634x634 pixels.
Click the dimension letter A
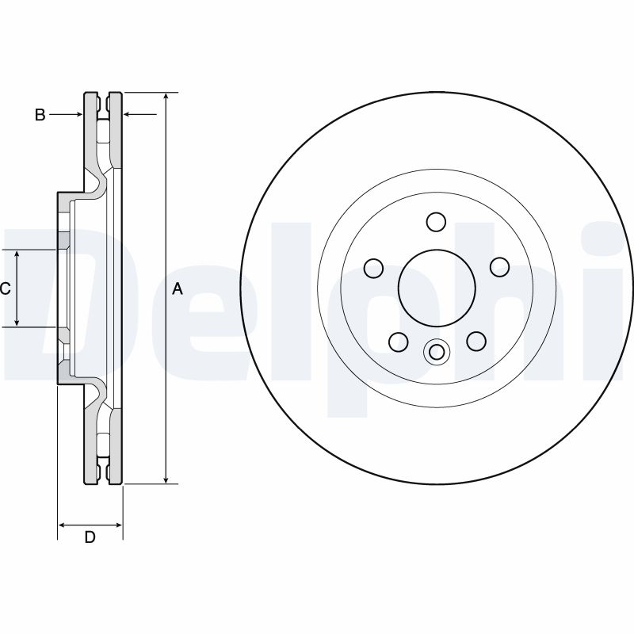tap(178, 289)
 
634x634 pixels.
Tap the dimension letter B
tap(40, 116)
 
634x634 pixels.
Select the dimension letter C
tap(5, 289)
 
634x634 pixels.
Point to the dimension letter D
tap(90, 537)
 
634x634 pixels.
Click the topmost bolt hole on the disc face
tap(435, 221)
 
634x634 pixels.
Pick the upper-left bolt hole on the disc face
tap(373, 268)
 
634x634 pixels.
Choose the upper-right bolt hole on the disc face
tap(498, 268)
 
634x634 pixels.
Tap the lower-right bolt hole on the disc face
tap(475, 341)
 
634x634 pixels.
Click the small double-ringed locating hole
tap(436, 351)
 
